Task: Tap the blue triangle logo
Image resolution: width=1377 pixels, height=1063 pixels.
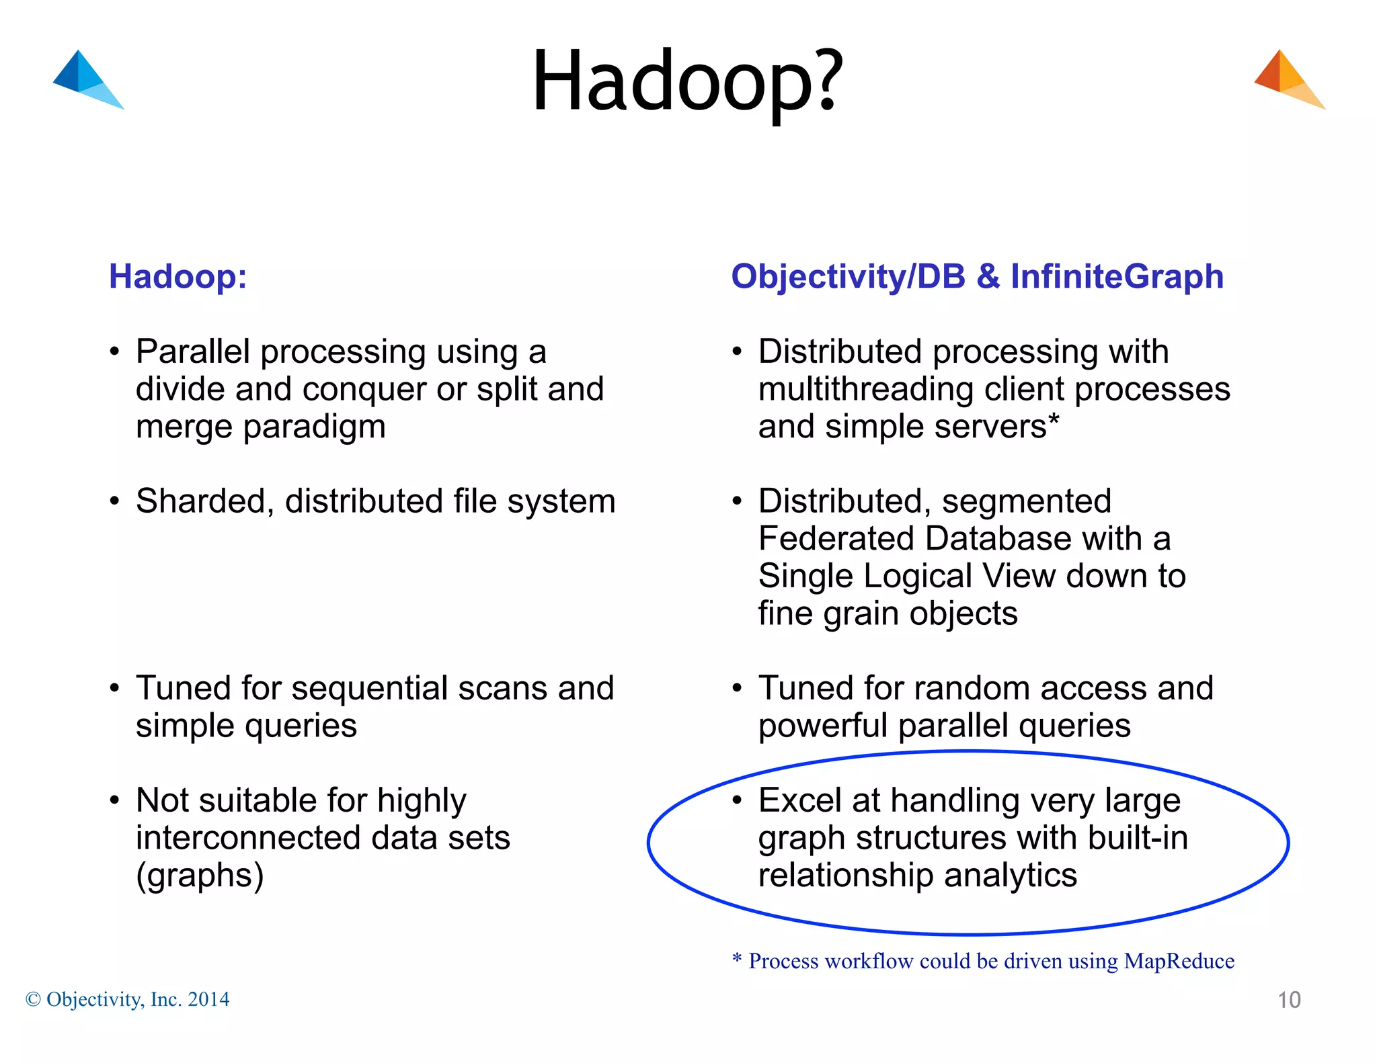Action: point(85,79)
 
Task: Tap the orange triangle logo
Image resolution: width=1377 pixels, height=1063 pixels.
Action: point(1286,79)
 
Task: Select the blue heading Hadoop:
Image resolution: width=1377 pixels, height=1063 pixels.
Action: point(178,277)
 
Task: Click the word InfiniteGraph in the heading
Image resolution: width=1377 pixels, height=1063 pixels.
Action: point(1117,277)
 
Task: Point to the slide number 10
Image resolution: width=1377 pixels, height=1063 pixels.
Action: point(1288,1000)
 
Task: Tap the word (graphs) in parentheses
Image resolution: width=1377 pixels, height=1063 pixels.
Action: point(200,876)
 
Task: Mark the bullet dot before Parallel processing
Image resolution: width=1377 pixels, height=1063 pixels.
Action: point(115,352)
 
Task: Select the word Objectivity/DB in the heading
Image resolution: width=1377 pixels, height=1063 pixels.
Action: point(848,277)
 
